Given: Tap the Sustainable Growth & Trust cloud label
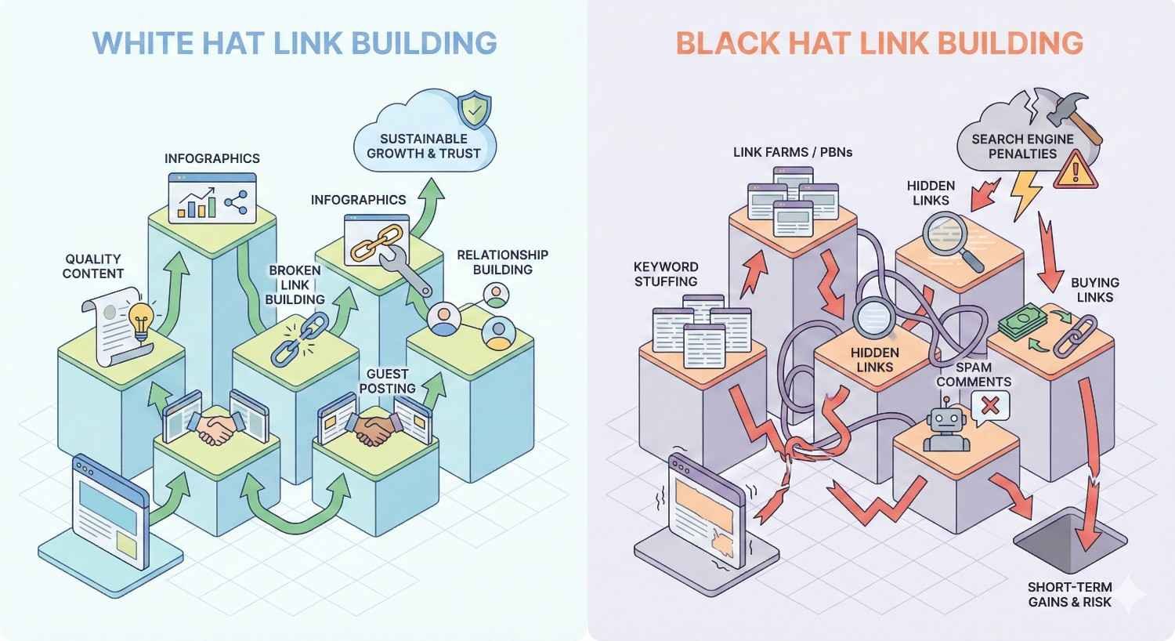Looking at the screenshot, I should click(424, 146).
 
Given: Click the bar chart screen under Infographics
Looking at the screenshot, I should click(212, 198).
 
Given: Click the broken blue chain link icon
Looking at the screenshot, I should click(292, 339).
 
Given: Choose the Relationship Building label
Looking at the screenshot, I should click(502, 262).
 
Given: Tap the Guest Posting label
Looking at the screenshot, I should click(387, 382).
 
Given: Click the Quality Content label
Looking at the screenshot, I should click(93, 266).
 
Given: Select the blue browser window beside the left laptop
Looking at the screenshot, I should click(110, 509).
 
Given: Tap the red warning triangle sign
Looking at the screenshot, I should click(1076, 170).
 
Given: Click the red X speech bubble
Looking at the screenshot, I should click(989, 406).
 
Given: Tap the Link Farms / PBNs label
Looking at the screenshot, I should click(793, 152).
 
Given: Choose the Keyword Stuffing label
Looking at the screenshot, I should click(666, 274).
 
